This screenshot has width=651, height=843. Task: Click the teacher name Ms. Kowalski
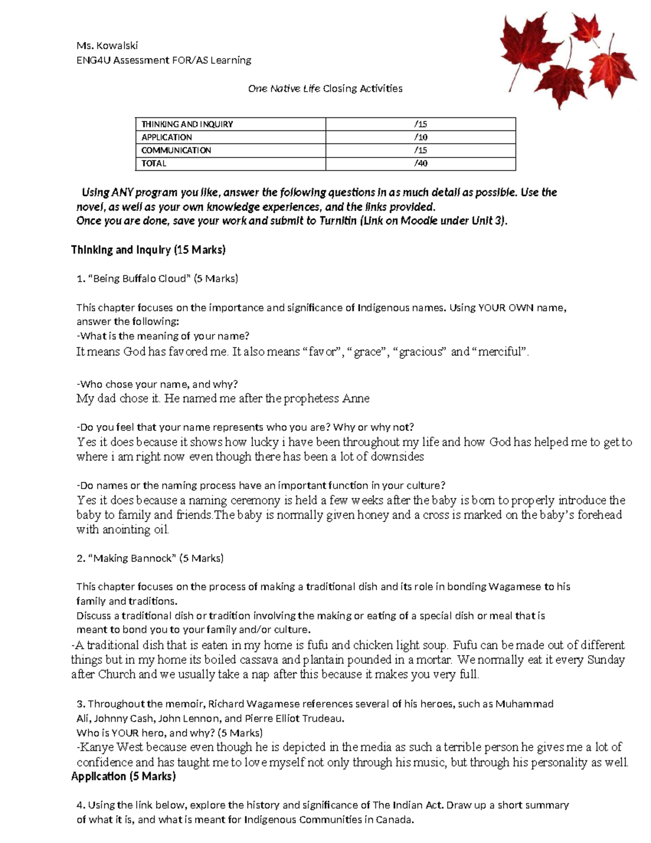pyautogui.click(x=107, y=46)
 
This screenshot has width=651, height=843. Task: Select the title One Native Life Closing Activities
pyautogui.click(x=325, y=88)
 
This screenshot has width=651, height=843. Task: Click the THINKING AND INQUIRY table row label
pyautogui.click(x=187, y=124)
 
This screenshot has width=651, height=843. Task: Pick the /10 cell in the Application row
pyautogui.click(x=420, y=137)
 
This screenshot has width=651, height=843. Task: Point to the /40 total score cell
pyautogui.click(x=420, y=163)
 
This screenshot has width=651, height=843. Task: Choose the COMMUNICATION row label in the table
pyautogui.click(x=176, y=150)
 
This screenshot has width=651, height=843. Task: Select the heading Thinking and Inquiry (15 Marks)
pyautogui.click(x=148, y=250)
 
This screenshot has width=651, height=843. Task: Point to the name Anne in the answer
pyautogui.click(x=355, y=399)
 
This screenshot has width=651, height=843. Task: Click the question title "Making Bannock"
pyautogui.click(x=132, y=558)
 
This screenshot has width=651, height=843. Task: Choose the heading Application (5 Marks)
pyautogui.click(x=123, y=776)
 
